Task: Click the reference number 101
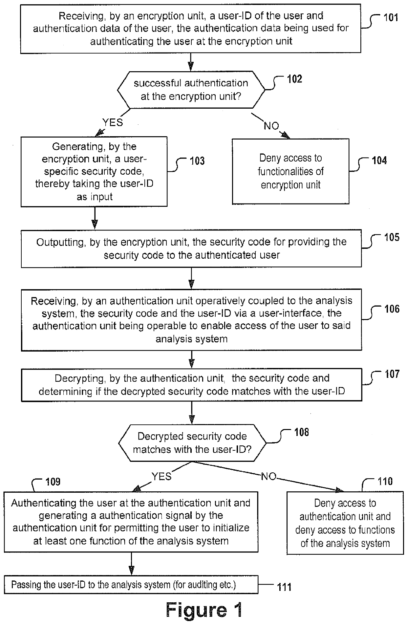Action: [x=391, y=17]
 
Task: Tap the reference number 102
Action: [x=294, y=79]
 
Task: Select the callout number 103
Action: [x=197, y=161]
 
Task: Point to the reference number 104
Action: [x=379, y=161]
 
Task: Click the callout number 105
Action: [x=392, y=237]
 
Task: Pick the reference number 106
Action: [x=392, y=309]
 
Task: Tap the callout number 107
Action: [x=392, y=374]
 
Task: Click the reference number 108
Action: [x=301, y=432]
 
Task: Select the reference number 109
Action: [x=53, y=482]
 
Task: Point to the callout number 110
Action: [x=385, y=482]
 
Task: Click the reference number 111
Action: [x=284, y=587]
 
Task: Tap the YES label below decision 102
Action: [x=113, y=122]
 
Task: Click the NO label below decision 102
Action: [x=271, y=126]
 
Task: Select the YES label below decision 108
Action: [x=161, y=476]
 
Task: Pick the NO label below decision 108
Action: [x=268, y=476]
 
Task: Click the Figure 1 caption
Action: [x=204, y=610]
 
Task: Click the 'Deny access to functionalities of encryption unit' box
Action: [x=290, y=171]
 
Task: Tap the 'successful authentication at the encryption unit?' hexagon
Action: [x=191, y=90]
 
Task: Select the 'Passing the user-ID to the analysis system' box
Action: [x=131, y=585]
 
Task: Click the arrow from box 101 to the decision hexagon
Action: [x=191, y=62]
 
